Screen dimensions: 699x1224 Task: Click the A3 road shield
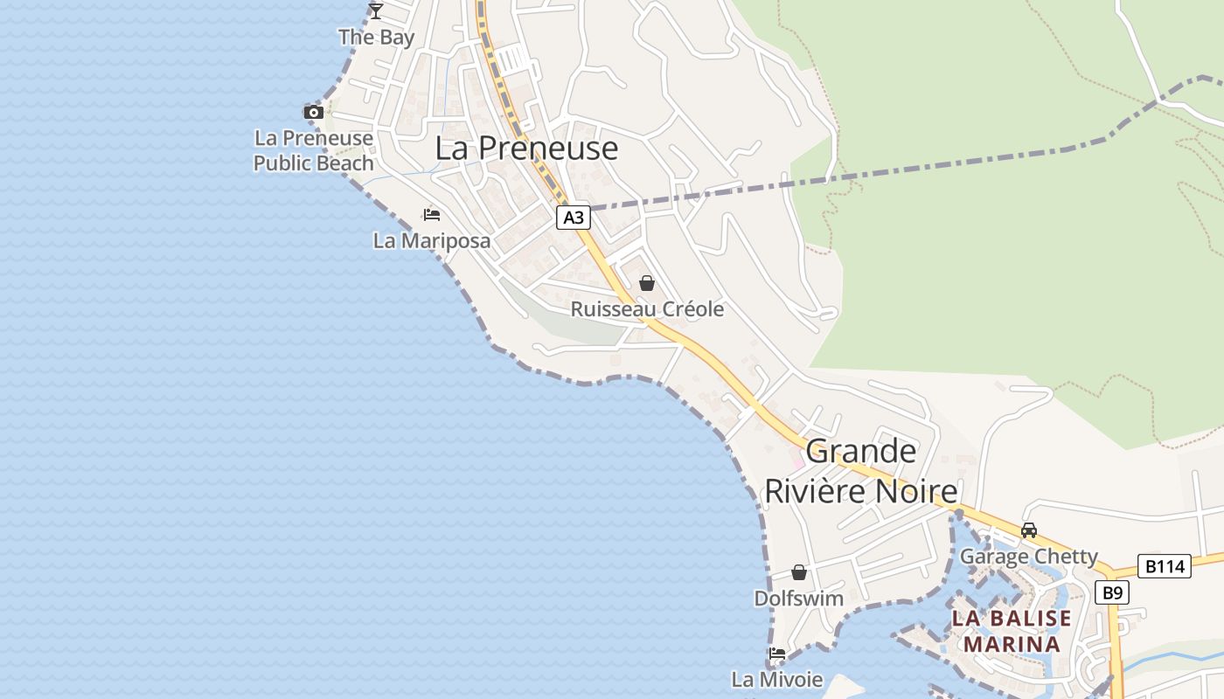[574, 217]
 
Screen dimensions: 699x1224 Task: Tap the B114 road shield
[1164, 566]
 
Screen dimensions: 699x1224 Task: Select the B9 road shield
[1111, 592]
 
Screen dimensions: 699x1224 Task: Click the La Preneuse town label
[526, 149]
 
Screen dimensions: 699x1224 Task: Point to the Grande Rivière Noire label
[861, 471]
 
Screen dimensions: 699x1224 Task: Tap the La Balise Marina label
[1012, 631]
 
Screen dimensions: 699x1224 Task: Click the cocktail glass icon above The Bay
[376, 11]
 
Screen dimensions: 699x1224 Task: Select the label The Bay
[376, 37]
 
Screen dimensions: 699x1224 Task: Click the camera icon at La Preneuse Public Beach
[313, 112]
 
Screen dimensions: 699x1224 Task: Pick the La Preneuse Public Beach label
[313, 150]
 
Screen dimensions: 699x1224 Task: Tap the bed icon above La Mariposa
[431, 214]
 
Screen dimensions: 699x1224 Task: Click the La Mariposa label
[431, 240]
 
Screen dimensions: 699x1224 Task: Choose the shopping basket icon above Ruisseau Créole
[647, 283]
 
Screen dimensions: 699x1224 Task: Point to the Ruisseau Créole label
[647, 308]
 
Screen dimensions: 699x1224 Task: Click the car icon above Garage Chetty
[1029, 530]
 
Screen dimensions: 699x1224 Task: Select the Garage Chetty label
[1029, 557]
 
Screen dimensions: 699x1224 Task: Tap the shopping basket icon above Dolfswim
[799, 572]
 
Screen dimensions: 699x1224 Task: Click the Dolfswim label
[799, 599]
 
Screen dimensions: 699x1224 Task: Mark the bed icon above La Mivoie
[777, 654]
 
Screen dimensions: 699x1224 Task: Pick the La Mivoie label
[777, 679]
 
